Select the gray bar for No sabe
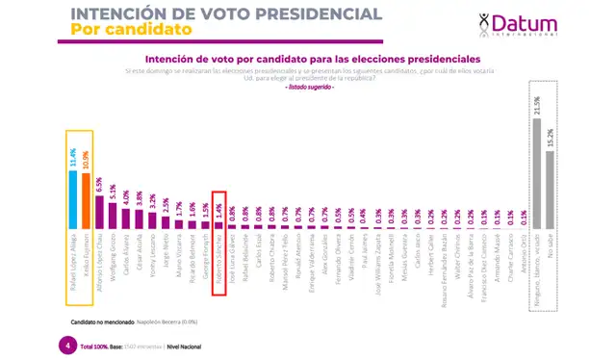pyautogui.click(x=550, y=184)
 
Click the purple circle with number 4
pyautogui.click(x=66, y=345)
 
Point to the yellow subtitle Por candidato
pyautogui.click(x=120, y=30)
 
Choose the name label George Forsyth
pyautogui.click(x=205, y=252)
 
